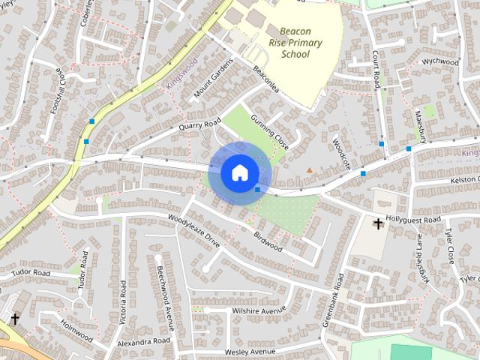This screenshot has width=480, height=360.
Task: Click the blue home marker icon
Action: tap(238, 172)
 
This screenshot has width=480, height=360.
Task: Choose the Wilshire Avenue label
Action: tap(259, 310)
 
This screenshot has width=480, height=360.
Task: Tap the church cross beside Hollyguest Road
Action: tap(378, 223)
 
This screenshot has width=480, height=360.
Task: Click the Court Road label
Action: tap(376, 67)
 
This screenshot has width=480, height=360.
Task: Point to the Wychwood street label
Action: tap(439, 61)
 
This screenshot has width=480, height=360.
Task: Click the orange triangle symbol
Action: tap(310, 170)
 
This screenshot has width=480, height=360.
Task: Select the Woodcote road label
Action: tap(341, 153)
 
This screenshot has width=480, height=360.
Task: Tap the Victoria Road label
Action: tap(123, 302)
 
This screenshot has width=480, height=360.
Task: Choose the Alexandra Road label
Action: tap(145, 342)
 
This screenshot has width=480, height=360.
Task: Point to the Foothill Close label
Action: tap(58, 91)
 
